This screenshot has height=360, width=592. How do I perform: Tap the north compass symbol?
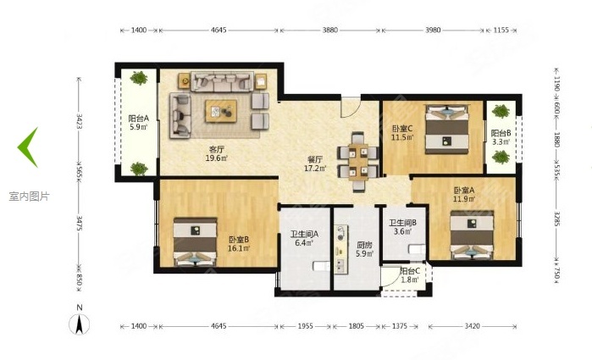pos(79,322)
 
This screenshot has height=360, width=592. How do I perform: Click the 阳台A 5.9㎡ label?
pos(138,124)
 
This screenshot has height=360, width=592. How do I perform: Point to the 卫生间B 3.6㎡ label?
pos(402,229)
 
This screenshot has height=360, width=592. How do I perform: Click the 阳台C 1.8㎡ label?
pos(410,274)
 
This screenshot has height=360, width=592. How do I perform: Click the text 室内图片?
pos(30,196)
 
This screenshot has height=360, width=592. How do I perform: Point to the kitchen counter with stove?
pos(342,249)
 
